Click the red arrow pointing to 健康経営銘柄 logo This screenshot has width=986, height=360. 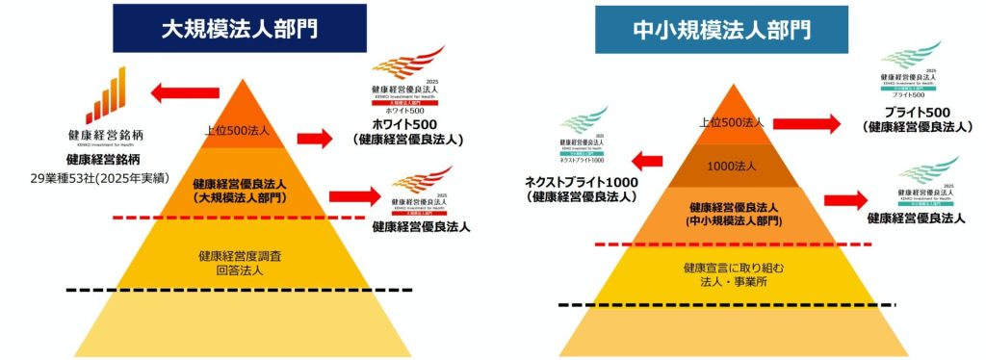click(185, 94)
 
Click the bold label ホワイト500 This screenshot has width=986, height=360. click(408, 125)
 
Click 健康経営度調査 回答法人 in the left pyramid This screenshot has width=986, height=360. click(239, 263)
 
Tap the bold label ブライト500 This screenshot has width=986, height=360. click(916, 111)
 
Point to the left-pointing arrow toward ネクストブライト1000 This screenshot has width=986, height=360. click(650, 158)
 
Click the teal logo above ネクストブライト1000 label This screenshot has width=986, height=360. click(584, 136)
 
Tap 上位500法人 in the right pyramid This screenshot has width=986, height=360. click(734, 122)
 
